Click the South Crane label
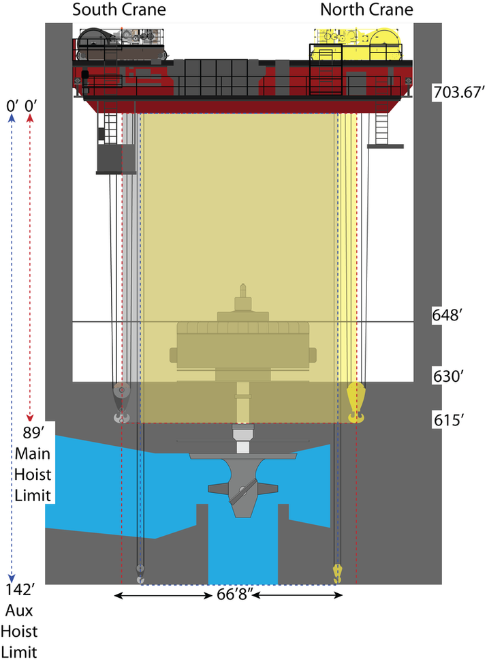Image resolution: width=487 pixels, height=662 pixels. click(x=119, y=10)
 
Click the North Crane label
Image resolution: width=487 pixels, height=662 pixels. click(x=366, y=10)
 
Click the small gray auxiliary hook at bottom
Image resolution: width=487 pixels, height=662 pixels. click(x=140, y=574)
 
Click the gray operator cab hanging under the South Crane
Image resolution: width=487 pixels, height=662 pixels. click(x=116, y=158)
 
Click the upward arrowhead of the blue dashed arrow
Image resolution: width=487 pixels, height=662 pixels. click(x=11, y=118)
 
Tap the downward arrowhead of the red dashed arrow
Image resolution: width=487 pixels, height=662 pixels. click(x=29, y=417)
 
